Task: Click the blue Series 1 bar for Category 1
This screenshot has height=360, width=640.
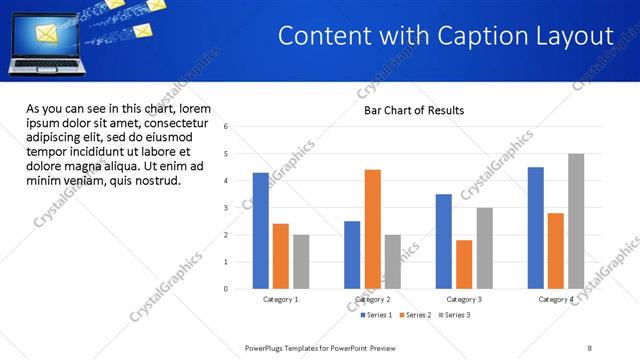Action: tap(260, 231)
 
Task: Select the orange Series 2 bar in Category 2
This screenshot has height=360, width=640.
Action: tap(372, 229)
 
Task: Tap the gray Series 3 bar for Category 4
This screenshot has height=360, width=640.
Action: tap(576, 221)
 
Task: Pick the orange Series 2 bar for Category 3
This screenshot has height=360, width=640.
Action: tap(464, 264)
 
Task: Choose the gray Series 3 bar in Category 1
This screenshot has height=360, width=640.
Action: tap(301, 262)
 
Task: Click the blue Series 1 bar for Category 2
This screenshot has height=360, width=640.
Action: tap(352, 255)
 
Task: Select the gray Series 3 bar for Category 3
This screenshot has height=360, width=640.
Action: tap(484, 248)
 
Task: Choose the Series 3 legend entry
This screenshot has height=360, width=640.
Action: tap(453, 315)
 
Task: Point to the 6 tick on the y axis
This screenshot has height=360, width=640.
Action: tap(227, 127)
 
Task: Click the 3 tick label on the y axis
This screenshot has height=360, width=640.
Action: tap(227, 208)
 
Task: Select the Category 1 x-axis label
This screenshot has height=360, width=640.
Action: tap(281, 299)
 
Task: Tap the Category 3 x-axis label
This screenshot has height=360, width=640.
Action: tap(464, 299)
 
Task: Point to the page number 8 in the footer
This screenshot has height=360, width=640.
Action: tap(590, 348)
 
